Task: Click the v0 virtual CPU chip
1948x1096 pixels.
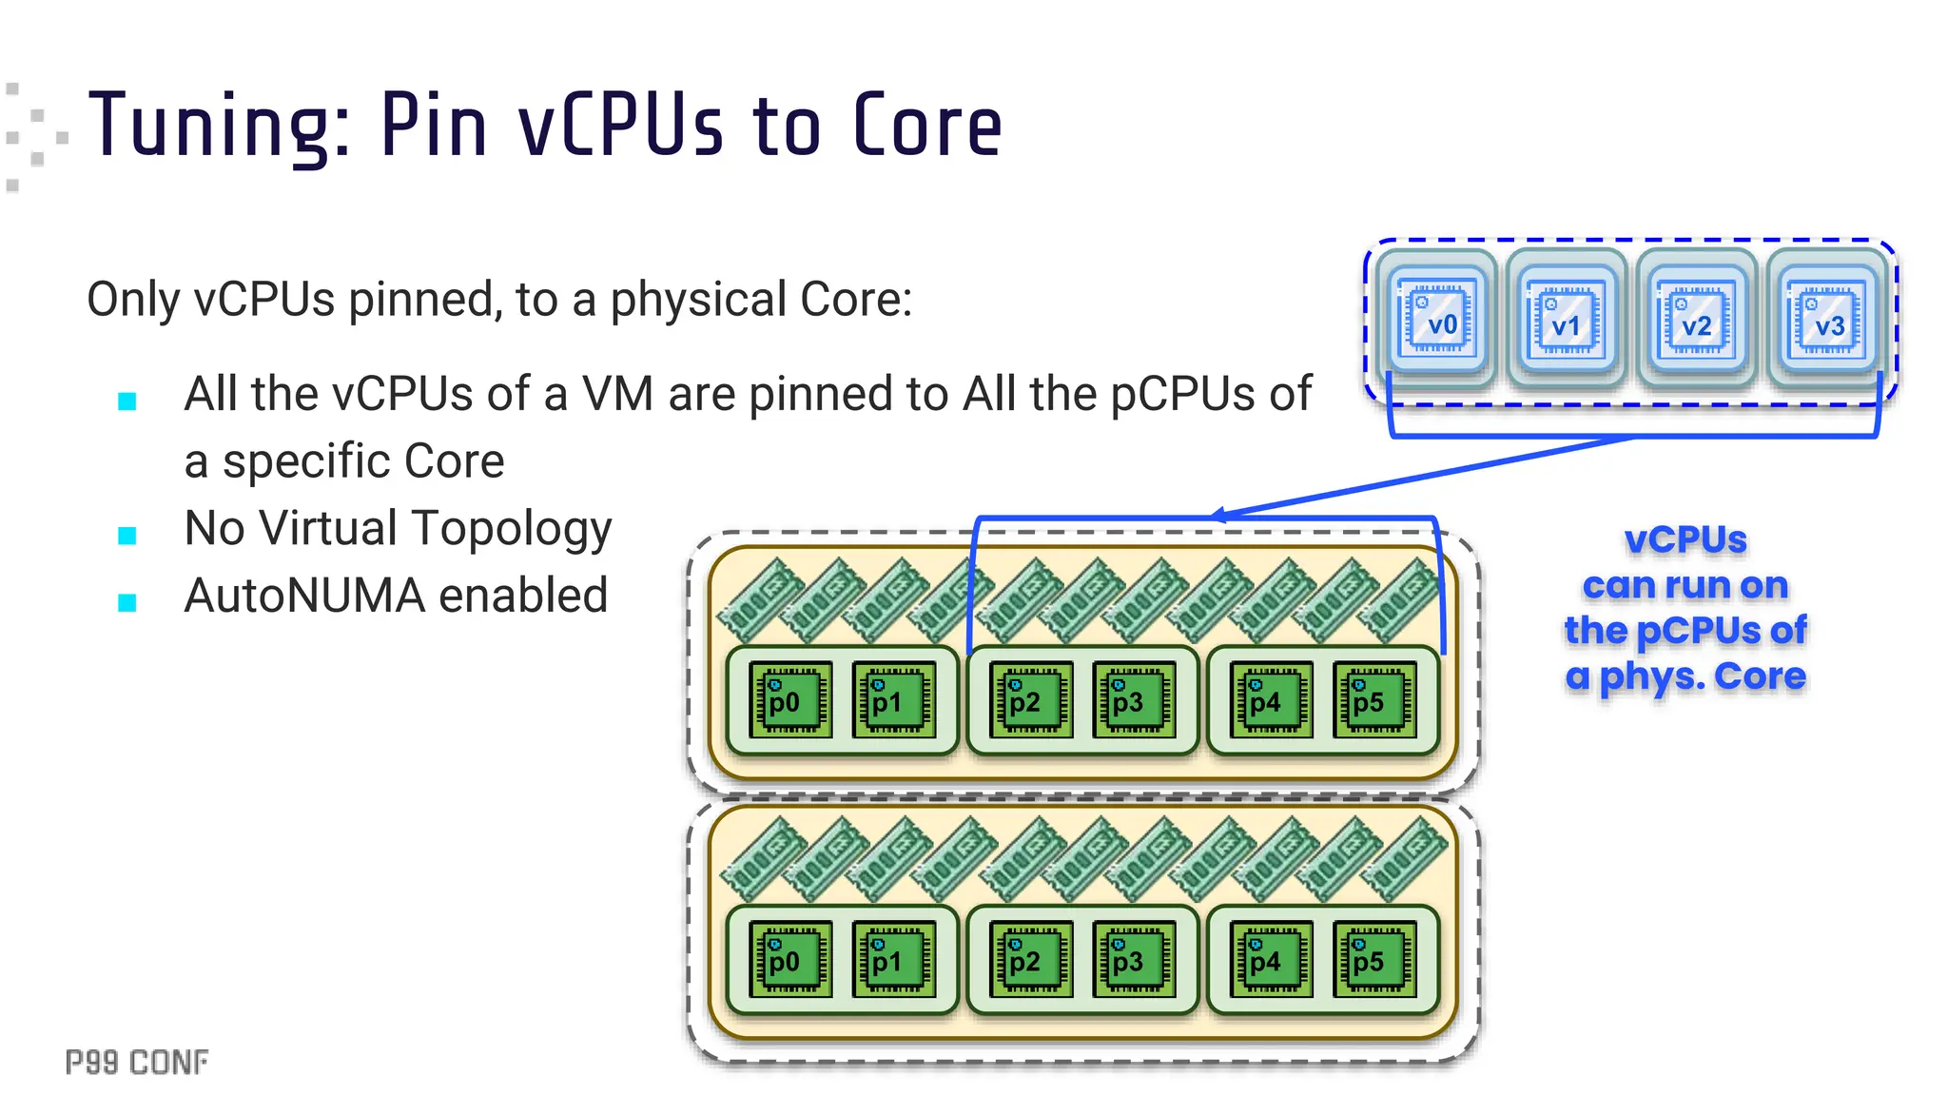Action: click(x=1437, y=320)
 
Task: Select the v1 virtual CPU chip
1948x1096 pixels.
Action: click(x=1566, y=320)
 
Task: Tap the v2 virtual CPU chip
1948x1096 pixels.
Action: click(x=1696, y=320)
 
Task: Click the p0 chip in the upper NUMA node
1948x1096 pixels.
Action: click(x=790, y=700)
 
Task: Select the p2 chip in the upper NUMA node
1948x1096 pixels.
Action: click(x=1031, y=700)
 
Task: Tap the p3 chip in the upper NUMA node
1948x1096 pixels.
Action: click(x=1134, y=700)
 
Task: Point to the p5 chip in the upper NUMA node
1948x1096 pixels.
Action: click(x=1374, y=700)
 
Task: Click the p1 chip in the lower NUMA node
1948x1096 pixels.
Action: click(x=893, y=959)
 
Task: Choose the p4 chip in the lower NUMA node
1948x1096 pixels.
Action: click(x=1271, y=959)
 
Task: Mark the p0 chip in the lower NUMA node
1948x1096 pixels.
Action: click(x=790, y=959)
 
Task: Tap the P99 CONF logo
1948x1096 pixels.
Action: click(x=137, y=1062)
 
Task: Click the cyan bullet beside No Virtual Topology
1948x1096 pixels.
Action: click(x=127, y=536)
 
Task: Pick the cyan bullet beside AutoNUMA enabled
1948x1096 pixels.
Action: click(x=127, y=602)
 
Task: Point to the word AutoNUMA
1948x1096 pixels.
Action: click(x=304, y=597)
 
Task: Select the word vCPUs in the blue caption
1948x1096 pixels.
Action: click(x=1685, y=540)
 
